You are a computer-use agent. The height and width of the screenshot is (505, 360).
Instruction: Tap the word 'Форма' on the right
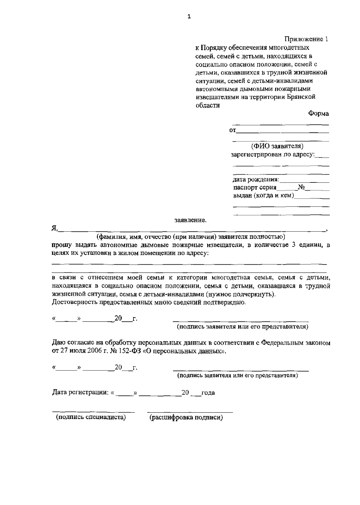[318, 114]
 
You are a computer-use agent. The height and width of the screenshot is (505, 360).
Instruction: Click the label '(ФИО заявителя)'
[277, 146]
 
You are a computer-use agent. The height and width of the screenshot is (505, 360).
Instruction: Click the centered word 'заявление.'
[190, 221]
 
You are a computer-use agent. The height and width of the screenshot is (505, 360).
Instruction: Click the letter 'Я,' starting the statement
[54, 228]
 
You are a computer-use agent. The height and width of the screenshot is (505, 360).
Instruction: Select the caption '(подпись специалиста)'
[91, 417]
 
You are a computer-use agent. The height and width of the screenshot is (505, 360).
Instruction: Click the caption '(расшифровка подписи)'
[186, 417]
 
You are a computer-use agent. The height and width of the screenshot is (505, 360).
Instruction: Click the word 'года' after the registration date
[208, 393]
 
